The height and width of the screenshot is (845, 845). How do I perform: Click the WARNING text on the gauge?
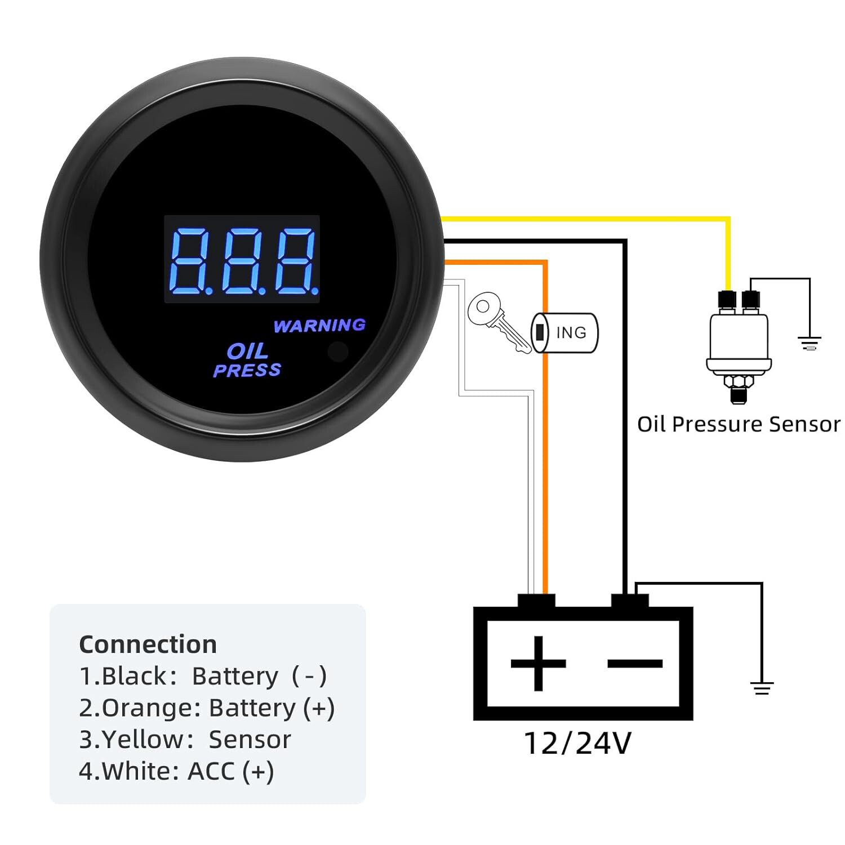(319, 326)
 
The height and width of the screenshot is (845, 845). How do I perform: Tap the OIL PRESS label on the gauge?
(247, 361)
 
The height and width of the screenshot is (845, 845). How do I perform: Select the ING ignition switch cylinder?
(565, 333)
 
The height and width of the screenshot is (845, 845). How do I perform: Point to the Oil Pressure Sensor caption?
(738, 424)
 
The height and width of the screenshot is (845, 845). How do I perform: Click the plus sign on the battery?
(538, 663)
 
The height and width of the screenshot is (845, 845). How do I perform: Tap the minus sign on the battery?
(634, 663)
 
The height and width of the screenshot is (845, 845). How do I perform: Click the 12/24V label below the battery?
(577, 743)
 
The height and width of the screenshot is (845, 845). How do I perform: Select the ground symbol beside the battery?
(762, 688)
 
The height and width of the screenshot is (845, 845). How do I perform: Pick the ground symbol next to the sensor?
(810, 343)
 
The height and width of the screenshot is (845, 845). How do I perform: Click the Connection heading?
(148, 644)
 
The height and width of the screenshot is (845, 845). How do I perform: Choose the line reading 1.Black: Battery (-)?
(203, 676)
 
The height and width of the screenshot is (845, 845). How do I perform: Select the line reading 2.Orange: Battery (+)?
(207, 708)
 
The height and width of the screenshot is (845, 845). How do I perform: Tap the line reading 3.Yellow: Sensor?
(185, 740)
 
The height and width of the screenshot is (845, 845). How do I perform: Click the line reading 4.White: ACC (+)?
(176, 771)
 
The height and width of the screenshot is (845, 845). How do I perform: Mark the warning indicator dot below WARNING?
(337, 352)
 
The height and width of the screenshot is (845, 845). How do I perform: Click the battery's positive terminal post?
(536, 601)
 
